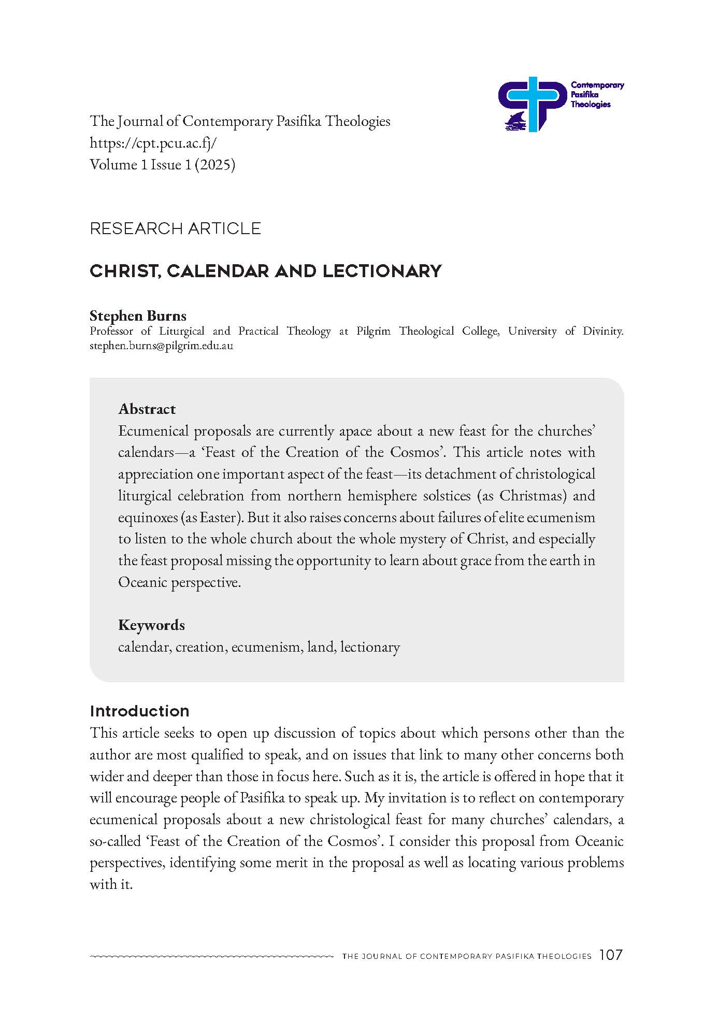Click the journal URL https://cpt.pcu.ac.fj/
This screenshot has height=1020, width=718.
pos(153,143)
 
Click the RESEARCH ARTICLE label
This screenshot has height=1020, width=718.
pos(175,228)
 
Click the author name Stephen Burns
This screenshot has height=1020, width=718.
pos(138,315)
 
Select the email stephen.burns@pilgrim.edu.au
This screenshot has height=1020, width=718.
pos(161,346)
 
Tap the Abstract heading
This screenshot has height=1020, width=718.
pos(147,409)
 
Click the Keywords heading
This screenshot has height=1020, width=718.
pos(151,625)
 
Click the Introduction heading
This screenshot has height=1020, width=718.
pos(139,711)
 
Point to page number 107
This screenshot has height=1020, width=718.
pos(610,955)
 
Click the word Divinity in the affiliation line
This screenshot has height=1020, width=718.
pos(601,331)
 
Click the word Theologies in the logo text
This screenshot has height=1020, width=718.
pos(590,104)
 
